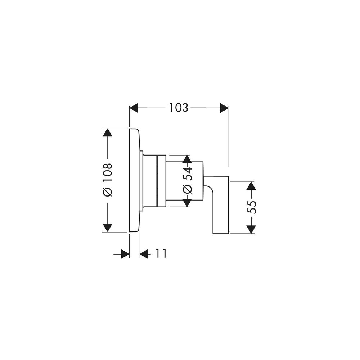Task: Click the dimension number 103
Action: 179,108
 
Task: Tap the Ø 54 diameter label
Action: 187,181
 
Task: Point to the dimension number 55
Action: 251,207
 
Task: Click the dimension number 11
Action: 161,254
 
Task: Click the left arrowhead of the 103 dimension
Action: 134,108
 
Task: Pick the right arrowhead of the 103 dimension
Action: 224,108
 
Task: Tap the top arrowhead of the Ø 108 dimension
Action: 107,133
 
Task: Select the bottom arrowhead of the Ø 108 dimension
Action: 107,228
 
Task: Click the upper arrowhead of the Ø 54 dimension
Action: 187,159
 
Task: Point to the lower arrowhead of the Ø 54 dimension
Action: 187,203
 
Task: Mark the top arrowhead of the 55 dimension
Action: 251,185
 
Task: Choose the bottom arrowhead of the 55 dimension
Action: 251,229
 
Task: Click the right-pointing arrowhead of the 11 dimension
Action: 125,254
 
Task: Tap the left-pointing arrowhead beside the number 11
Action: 144,254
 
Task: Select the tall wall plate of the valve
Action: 134,180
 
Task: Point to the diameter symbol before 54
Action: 187,189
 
